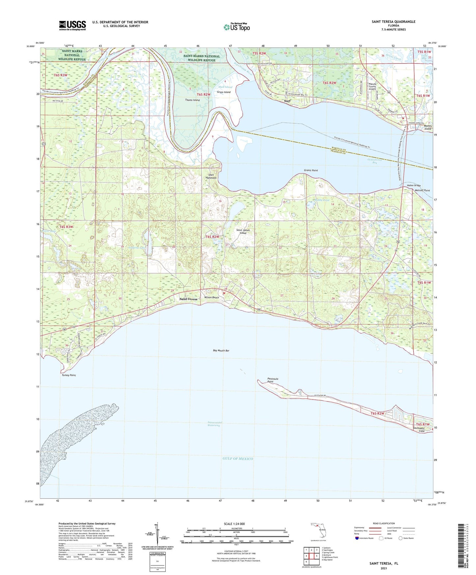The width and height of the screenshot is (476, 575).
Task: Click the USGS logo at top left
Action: (72, 25)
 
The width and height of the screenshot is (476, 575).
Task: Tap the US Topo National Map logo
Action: (237, 27)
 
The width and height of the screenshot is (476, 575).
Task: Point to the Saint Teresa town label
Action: (188, 299)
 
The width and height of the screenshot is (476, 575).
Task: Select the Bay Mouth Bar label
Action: (221, 351)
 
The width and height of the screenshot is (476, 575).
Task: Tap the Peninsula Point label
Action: (273, 380)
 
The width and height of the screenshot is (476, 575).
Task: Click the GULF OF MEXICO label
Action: (238, 458)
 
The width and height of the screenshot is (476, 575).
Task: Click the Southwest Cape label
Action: (419, 429)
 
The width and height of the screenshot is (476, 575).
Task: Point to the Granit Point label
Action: (311, 171)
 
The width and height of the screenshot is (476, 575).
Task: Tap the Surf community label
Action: (287, 101)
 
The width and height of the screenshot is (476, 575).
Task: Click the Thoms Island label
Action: (192, 100)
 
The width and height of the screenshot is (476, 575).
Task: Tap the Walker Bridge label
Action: (413, 185)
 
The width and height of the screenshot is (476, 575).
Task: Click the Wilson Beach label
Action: (211, 297)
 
